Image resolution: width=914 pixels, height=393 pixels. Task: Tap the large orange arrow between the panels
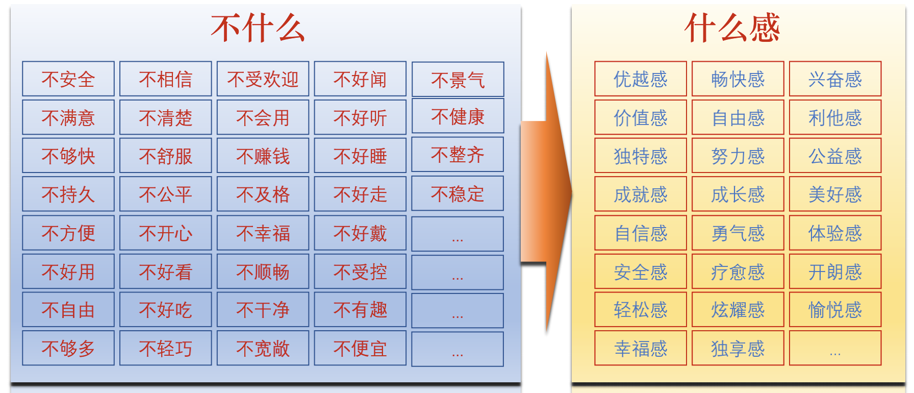546,193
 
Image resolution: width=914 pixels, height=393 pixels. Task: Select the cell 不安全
68,79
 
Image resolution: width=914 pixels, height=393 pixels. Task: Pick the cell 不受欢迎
263,79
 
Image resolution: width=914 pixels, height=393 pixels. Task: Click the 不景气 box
458,79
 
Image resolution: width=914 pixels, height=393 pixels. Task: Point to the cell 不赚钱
263,155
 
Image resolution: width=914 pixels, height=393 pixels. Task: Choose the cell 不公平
166,194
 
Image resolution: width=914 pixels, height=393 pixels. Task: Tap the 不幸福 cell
263,233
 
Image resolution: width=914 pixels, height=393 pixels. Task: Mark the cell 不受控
360,272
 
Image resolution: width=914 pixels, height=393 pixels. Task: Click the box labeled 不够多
68,348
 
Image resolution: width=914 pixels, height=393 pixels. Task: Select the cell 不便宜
360,348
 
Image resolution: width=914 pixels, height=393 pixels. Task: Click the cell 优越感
641,79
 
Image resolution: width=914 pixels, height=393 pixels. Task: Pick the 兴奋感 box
835,79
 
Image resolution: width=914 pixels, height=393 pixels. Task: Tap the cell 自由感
738,117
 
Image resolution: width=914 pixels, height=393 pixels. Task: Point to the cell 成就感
641,194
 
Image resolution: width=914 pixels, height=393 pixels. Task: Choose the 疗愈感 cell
738,272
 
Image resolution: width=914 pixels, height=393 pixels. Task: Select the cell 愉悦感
835,309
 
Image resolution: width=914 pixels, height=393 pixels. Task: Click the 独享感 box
738,348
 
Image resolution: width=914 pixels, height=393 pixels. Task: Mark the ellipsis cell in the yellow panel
835,348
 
